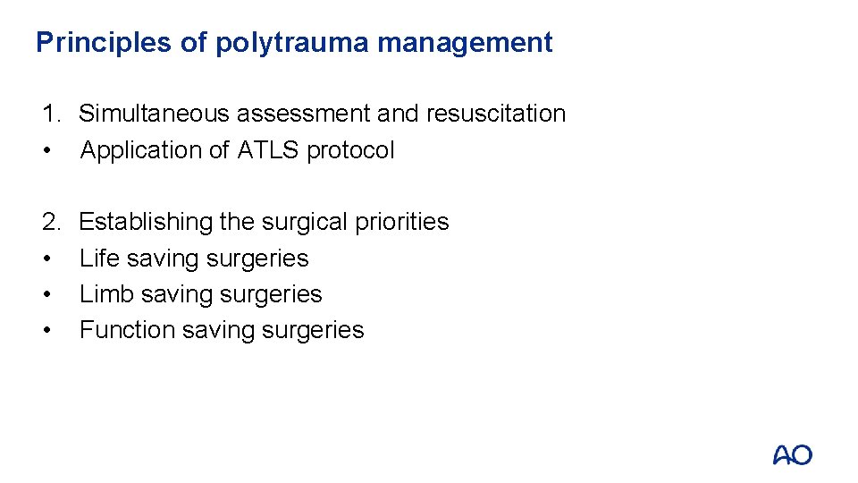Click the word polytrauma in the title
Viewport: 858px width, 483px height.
289,43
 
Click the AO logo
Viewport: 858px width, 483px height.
792,455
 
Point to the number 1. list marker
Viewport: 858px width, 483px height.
51,114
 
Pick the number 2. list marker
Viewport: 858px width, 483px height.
51,221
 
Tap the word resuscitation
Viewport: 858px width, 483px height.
495,114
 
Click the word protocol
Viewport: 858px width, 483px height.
350,150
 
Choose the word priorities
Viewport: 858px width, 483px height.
402,222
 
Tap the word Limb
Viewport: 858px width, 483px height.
100,294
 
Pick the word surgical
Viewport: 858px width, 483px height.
294,222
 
